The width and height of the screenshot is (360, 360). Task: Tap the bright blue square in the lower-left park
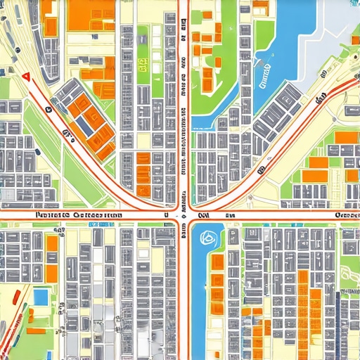pos(41,297)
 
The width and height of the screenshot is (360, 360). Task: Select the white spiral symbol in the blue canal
pos(207,238)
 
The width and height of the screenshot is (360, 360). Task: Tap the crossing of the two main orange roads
pos(181,209)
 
